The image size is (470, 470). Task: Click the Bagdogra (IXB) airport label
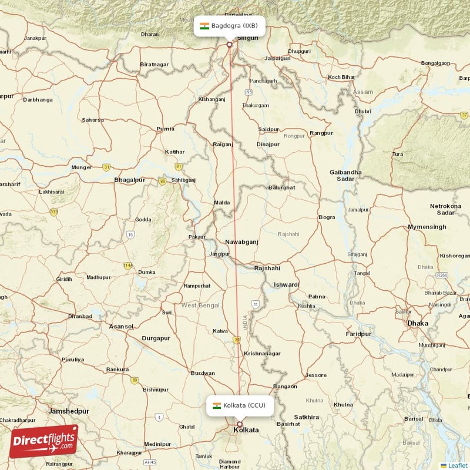pos(230,26)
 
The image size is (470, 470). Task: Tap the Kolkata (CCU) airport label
pos(240,405)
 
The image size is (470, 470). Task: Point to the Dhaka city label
pos(418,323)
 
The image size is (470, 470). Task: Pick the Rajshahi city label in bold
pos(267,268)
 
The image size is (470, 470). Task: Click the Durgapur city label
pos(156,338)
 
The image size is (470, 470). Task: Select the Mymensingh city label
pos(428,227)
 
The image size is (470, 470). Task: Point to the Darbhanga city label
pos(38,100)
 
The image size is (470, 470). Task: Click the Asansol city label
pos(121,326)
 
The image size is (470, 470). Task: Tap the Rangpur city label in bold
pos(321,133)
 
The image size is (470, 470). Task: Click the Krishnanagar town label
pos(262,354)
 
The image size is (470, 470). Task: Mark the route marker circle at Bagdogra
pos(229,44)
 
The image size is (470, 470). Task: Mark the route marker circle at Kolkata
pos(239,424)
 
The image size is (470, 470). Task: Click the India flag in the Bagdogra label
pos(204,26)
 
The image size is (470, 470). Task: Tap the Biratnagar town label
pos(154,64)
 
